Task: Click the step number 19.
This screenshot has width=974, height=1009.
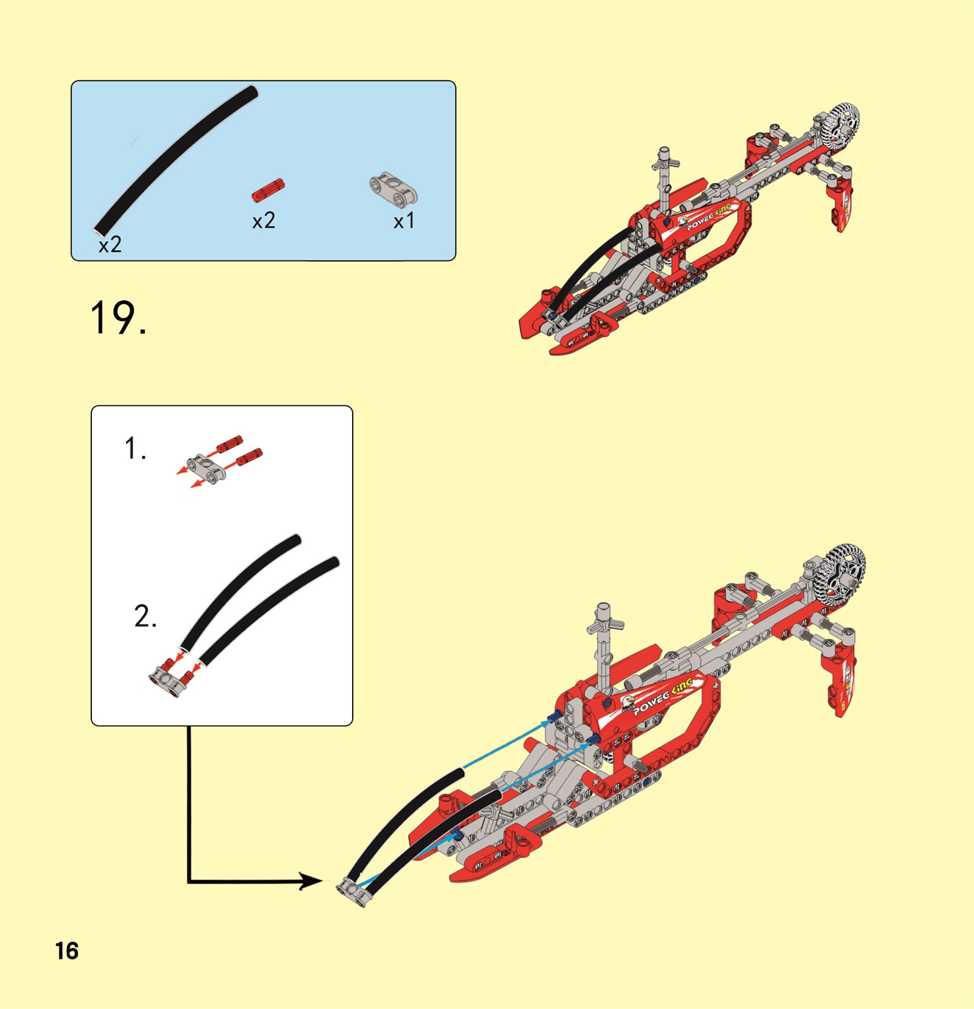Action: pos(118,317)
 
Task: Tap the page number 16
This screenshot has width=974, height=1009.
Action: pos(66,951)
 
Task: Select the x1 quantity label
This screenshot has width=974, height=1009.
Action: pos(404,221)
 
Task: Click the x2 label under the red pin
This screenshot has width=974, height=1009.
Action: pos(263,220)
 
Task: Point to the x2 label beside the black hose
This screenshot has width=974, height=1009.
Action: pos(110,244)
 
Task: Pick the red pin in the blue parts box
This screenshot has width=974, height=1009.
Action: pos(269,190)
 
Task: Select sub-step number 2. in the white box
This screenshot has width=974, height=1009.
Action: pos(145,616)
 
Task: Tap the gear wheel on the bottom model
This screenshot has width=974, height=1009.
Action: pos(842,575)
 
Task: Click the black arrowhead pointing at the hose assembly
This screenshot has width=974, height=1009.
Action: pos(310,880)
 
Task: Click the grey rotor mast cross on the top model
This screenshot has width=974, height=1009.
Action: pos(665,163)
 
